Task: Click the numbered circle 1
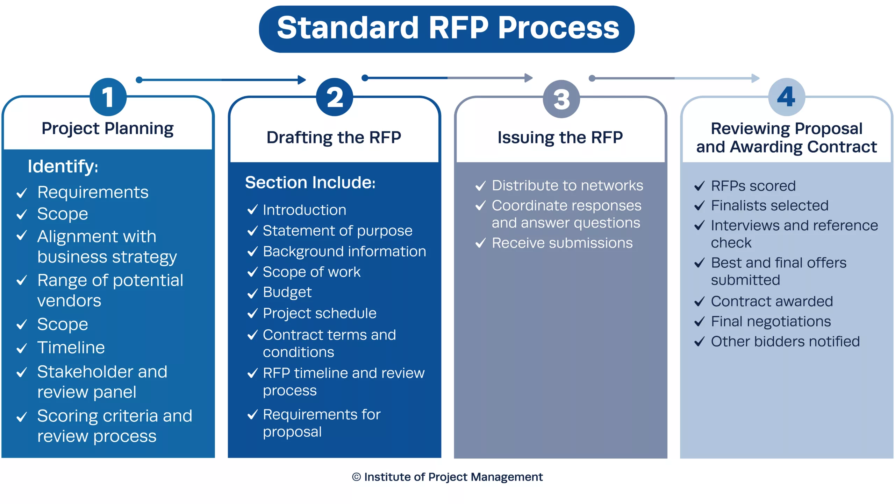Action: point(108,97)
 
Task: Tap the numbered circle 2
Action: point(335,97)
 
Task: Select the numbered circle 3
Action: point(561,99)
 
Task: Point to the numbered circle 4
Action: point(787,97)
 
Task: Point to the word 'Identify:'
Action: point(63,167)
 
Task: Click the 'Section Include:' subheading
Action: point(310,182)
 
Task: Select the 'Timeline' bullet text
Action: point(71,348)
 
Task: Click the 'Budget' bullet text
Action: point(287,293)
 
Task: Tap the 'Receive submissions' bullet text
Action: point(562,243)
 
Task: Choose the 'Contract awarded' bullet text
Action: point(772,301)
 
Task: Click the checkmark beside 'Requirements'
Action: point(22,193)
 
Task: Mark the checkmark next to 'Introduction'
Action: point(252,210)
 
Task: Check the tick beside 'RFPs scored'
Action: point(699,186)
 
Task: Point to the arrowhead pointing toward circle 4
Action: point(756,78)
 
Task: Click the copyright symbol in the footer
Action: point(356,477)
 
